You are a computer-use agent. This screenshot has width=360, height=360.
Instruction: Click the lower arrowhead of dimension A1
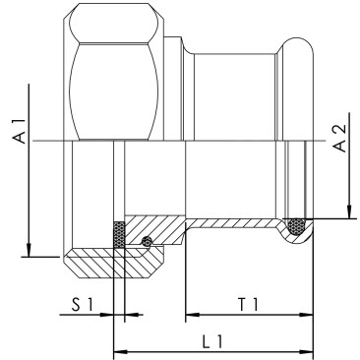(x=30, y=250)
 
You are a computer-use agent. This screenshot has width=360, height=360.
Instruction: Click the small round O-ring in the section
(x=147, y=243)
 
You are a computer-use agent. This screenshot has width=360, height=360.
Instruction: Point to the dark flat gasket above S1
(x=119, y=235)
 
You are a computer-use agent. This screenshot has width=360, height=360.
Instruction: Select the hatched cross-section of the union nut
(x=108, y=262)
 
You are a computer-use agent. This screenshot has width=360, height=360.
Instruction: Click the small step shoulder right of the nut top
(x=177, y=43)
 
